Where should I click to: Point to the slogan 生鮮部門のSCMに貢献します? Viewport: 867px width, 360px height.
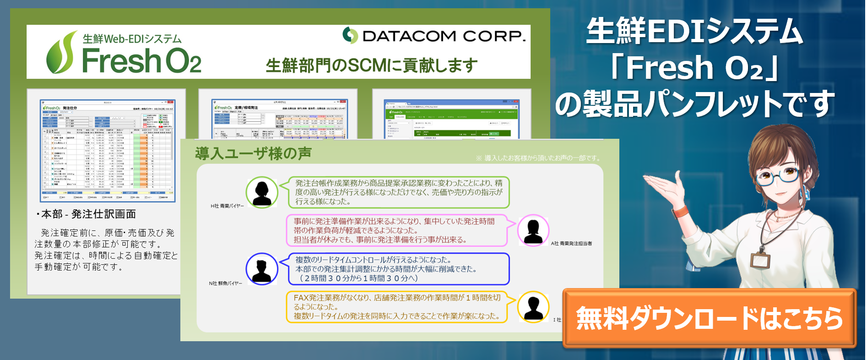click(371, 65)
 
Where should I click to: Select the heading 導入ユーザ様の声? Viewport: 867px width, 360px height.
click(253, 153)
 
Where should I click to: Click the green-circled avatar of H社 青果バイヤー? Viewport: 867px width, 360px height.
click(262, 192)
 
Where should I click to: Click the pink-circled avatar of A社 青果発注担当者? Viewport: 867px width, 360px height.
click(533, 230)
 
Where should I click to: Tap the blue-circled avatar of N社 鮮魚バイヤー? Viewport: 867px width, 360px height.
click(262, 269)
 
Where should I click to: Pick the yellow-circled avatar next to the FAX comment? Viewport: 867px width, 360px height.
click(533, 307)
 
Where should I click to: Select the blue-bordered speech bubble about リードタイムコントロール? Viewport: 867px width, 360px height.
click(398, 269)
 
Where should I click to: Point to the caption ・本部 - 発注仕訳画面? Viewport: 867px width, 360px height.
click(86, 214)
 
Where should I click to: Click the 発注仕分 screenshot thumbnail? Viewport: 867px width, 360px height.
click(107, 150)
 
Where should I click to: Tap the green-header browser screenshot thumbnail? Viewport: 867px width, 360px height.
click(451, 119)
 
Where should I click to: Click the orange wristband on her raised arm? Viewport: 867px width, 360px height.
click(680, 211)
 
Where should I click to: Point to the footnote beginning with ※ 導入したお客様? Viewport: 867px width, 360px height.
click(538, 158)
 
